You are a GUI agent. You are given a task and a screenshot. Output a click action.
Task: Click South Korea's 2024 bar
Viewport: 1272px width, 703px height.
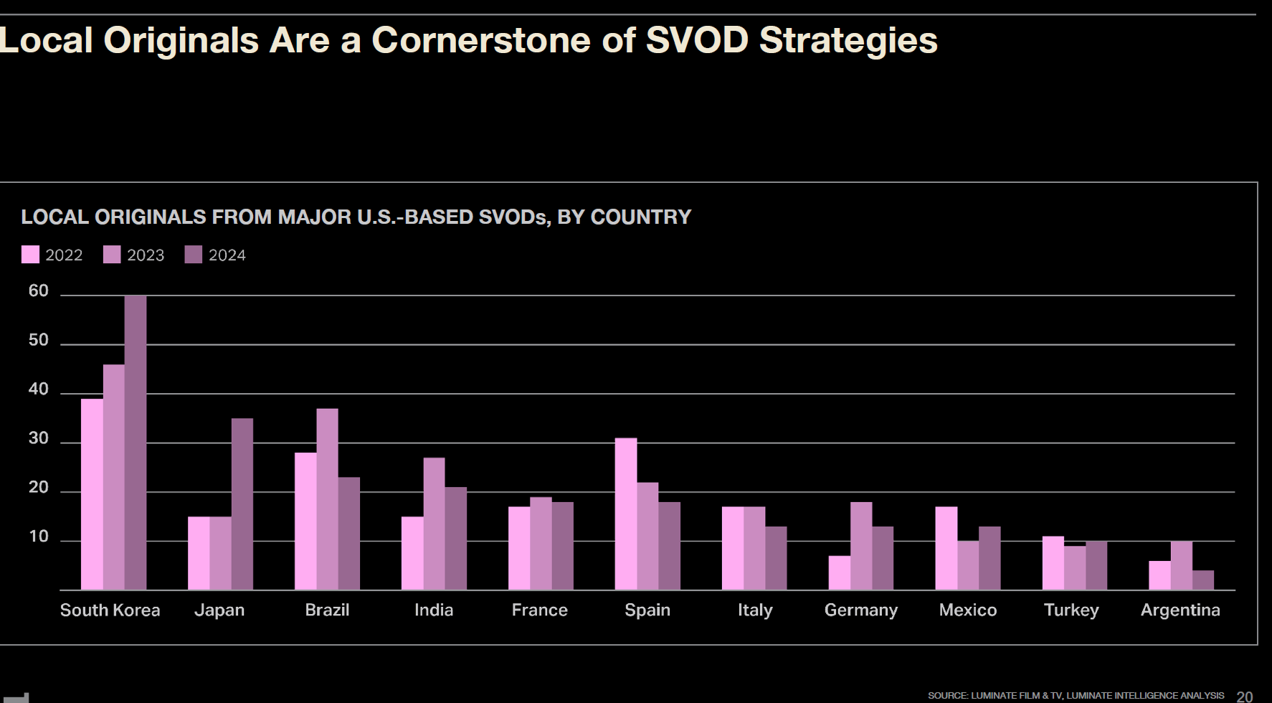[136, 443]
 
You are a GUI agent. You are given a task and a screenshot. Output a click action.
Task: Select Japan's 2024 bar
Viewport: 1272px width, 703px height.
[242, 504]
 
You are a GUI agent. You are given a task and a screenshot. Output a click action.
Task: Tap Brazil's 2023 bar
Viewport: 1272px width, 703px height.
[328, 499]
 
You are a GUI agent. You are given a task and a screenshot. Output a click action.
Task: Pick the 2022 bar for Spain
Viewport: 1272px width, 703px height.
[625, 514]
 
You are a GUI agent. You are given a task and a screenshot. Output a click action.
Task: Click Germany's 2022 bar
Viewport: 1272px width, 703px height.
[840, 573]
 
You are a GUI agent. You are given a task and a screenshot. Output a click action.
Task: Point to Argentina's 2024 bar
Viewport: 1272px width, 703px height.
[1203, 580]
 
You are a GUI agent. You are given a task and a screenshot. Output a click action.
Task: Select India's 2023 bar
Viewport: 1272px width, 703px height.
[434, 524]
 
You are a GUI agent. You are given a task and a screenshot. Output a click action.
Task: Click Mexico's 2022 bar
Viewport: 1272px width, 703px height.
[946, 549]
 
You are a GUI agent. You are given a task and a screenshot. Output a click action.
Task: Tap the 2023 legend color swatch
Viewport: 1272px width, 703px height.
[112, 255]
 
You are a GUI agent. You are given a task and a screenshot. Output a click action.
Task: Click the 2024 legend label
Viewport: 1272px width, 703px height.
[227, 255]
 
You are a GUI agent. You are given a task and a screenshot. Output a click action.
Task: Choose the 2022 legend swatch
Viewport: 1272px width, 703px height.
[30, 255]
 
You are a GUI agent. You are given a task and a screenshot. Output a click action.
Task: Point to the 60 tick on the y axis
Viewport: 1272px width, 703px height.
[39, 291]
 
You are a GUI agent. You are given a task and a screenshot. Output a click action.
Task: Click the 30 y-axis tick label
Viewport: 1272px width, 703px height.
[39, 439]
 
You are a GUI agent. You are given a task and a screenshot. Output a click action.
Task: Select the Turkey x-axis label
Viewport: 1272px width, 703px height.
[1071, 610]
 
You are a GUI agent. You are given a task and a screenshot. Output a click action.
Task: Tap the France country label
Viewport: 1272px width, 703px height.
[539, 610]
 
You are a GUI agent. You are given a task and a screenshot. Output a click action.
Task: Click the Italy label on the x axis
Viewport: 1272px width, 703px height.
[755, 610]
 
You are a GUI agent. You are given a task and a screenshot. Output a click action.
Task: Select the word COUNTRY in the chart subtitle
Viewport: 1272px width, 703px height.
[640, 217]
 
